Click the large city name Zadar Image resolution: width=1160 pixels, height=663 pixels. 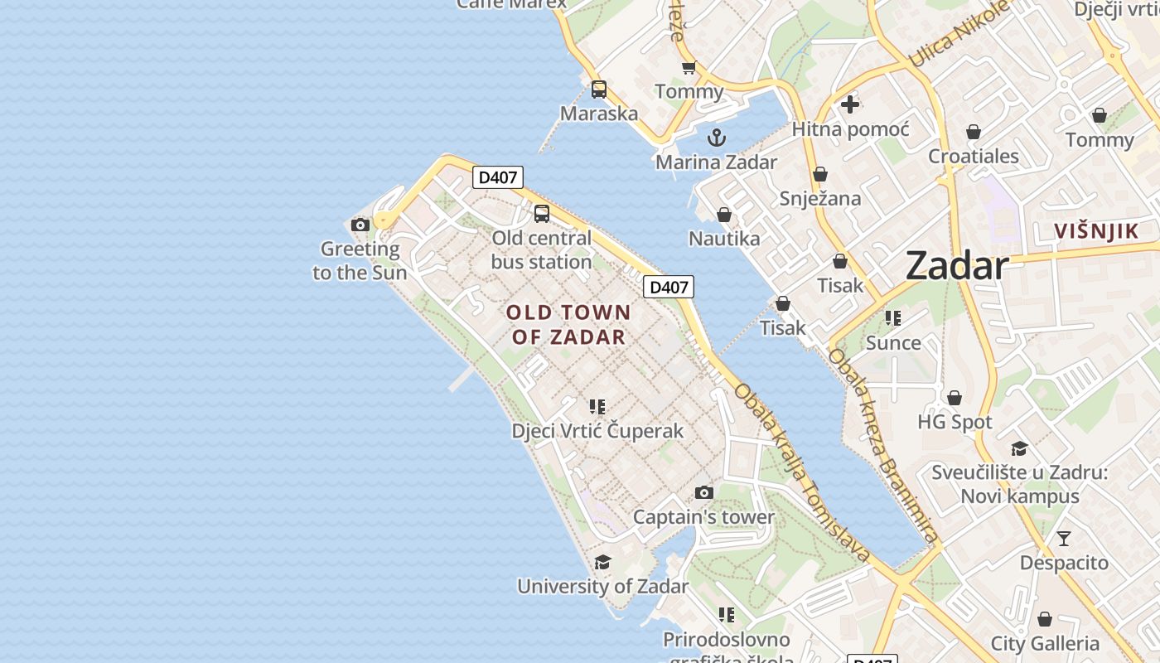[957, 266]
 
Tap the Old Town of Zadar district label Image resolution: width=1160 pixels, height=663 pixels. [568, 325]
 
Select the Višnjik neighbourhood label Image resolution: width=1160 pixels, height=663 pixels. [1096, 231]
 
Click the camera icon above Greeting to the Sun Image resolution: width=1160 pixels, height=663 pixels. [360, 225]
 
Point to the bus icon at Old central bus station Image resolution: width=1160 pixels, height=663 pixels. [542, 214]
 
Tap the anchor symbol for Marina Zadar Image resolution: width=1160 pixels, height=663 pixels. [717, 138]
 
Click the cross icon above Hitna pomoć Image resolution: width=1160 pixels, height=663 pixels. [850, 104]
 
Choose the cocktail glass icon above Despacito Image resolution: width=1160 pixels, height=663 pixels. [1064, 539]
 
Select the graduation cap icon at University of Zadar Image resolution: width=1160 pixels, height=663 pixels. [602, 562]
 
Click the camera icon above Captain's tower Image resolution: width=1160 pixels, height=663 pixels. [703, 493]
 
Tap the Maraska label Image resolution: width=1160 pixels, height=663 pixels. [599, 114]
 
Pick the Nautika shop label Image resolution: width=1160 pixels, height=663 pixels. [724, 239]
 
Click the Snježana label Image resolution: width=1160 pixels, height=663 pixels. [820, 199]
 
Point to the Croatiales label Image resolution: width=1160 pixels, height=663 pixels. [974, 156]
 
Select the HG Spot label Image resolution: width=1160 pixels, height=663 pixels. [955, 422]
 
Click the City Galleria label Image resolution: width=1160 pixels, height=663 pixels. [1045, 643]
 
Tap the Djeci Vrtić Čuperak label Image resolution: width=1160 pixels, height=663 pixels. [597, 431]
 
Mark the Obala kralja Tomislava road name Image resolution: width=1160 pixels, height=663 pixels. [802, 472]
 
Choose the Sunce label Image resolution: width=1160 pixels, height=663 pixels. [893, 342]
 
